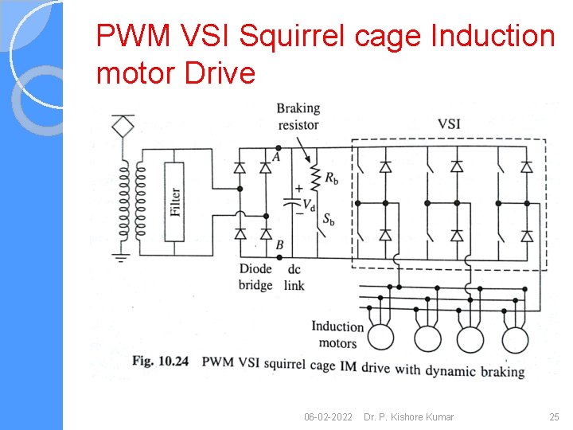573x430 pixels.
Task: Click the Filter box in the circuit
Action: [175, 201]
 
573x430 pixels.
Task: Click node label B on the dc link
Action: [279, 245]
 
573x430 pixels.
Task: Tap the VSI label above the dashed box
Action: [449, 124]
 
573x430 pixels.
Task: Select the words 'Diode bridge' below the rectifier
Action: [255, 276]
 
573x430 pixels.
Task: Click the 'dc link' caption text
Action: [294, 276]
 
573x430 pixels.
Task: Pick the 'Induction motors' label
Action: [337, 334]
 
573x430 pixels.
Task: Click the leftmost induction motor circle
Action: [380, 338]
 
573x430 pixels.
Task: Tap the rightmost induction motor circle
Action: [515, 338]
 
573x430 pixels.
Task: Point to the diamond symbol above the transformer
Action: [123, 125]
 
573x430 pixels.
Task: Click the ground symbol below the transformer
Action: [122, 257]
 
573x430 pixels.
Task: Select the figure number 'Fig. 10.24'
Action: [160, 362]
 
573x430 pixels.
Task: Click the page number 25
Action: [554, 416]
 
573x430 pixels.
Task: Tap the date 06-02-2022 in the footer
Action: [328, 416]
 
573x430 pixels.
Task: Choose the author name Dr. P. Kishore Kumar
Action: [408, 416]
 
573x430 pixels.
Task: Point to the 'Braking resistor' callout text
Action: [298, 116]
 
